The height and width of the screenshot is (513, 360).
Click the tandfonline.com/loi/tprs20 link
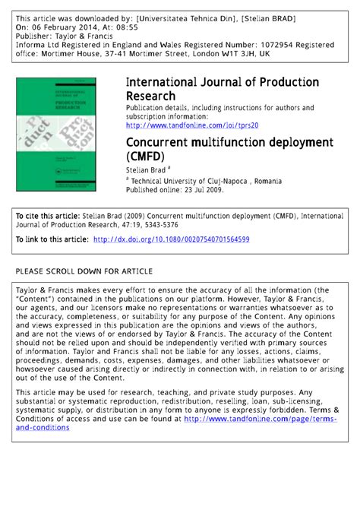point(192,125)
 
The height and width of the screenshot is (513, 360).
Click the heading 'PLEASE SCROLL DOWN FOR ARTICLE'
point(84,271)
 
